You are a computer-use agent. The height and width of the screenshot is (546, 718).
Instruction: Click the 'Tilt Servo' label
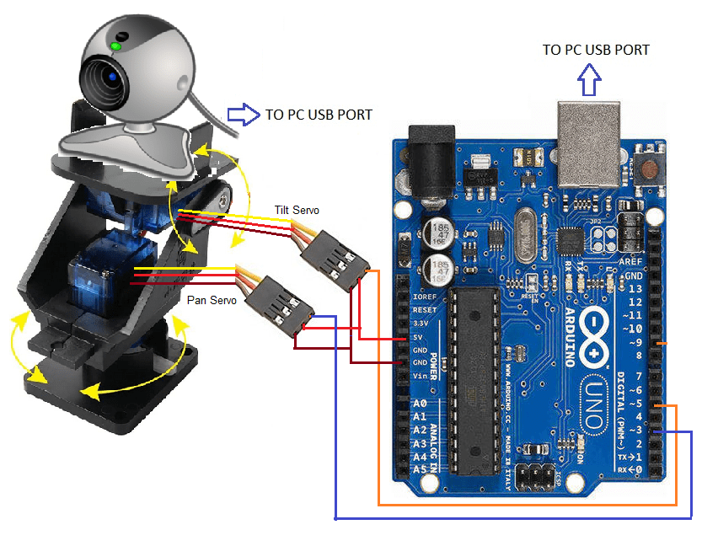(297, 210)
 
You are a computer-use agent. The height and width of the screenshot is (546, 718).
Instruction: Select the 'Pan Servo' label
(212, 300)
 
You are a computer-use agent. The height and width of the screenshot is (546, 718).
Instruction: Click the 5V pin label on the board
(420, 336)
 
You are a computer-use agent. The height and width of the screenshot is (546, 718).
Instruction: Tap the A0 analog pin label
(420, 405)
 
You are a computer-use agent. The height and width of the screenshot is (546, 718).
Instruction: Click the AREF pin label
(633, 263)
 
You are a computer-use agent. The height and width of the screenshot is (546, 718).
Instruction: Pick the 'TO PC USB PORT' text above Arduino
(596, 50)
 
